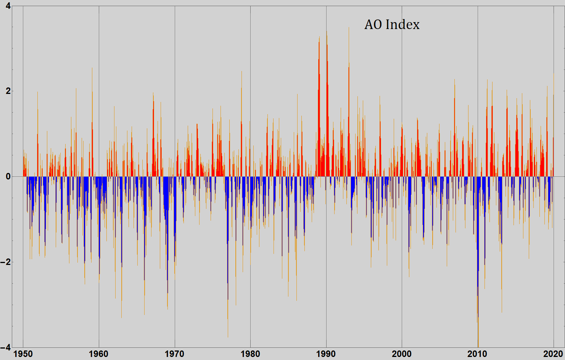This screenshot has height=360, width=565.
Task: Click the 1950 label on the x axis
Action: tap(23, 354)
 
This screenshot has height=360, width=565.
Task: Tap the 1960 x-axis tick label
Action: tap(99, 354)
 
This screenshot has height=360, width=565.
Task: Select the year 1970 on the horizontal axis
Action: tap(174, 354)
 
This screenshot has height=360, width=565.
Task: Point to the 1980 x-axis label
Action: tap(250, 354)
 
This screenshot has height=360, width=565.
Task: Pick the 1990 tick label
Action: tap(326, 354)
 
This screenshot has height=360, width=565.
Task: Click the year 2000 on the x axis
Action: tap(402, 354)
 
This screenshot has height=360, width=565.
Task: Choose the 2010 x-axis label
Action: tap(477, 354)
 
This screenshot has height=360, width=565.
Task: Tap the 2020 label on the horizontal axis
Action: tap(553, 354)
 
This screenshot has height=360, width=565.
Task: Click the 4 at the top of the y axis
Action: tap(8, 6)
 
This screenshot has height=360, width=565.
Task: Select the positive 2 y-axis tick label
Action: tap(8, 91)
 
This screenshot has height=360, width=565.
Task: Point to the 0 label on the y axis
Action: tap(8, 177)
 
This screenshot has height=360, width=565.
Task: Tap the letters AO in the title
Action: tap(373, 24)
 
